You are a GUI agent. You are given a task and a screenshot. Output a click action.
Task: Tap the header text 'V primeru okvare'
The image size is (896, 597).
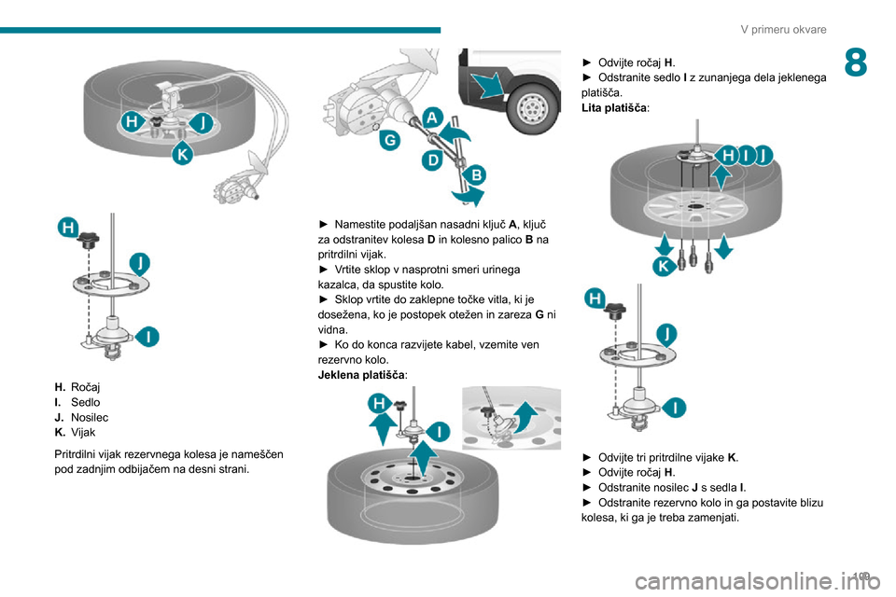point(783,30)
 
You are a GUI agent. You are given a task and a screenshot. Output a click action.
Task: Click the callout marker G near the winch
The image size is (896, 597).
point(387,142)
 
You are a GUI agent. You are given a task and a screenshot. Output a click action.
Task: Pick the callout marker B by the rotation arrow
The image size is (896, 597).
point(475,174)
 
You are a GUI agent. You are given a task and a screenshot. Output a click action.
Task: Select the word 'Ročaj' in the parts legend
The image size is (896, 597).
point(86,386)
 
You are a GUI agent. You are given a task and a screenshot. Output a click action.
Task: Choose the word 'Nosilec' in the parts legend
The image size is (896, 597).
point(90,418)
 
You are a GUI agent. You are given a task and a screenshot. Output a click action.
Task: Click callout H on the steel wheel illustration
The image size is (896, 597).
point(379,403)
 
